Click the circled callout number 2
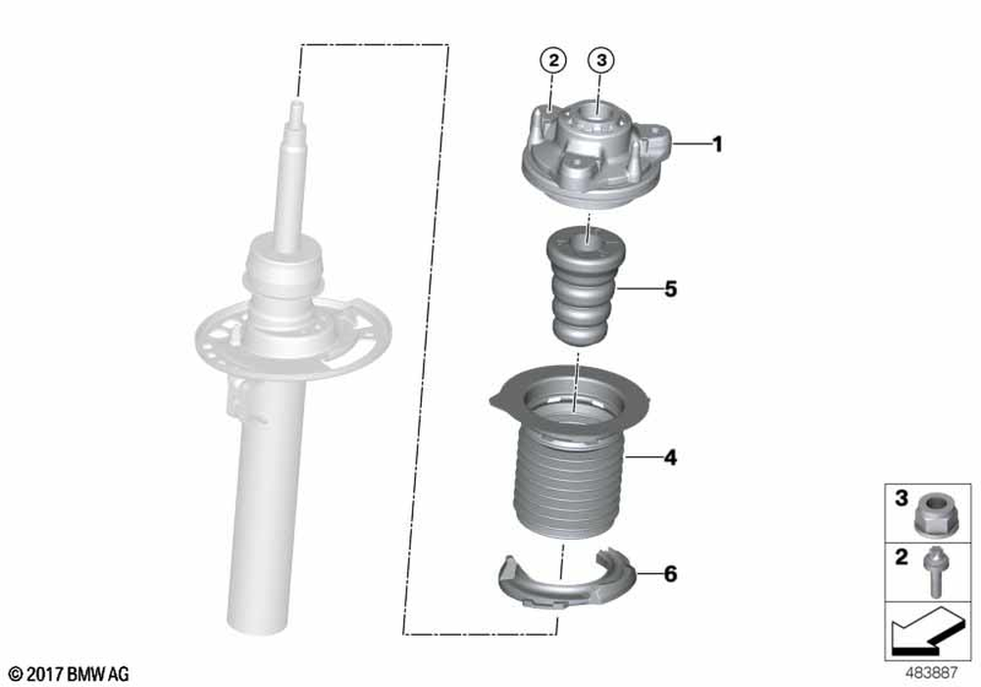(x=553, y=61)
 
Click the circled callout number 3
(x=600, y=60)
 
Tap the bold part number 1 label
(x=718, y=144)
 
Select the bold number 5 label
(x=671, y=290)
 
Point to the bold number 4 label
(x=671, y=458)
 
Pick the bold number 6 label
(x=671, y=574)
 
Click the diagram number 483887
(x=932, y=672)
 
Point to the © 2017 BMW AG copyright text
(x=69, y=674)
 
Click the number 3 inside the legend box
(x=901, y=498)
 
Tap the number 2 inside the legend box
(x=901, y=556)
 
